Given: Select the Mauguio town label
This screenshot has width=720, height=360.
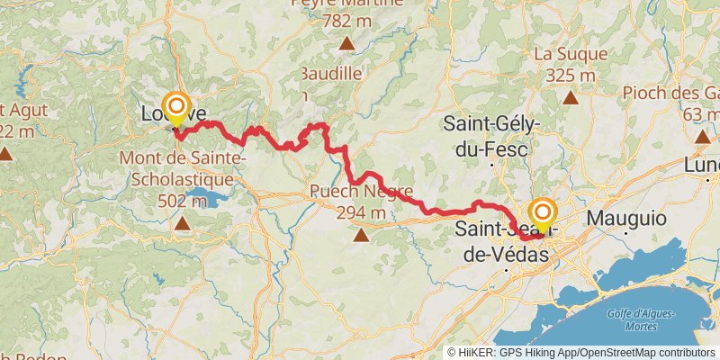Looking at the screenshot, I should (626, 218).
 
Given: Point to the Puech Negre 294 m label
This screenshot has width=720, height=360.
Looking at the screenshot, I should (361, 202).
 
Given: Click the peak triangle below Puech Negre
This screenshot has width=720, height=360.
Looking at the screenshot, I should (361, 236).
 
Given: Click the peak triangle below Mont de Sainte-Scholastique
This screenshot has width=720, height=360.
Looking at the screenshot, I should (183, 222).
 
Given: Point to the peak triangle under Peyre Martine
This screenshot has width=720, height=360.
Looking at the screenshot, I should (346, 42).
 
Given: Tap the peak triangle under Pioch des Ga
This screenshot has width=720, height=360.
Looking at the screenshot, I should (702, 136).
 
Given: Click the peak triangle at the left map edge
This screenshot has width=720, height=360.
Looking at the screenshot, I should (5, 154).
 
